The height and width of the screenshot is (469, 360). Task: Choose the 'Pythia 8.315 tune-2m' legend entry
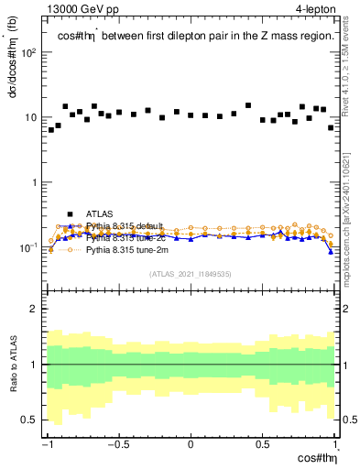125,248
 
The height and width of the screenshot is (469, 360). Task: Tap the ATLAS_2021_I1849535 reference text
191,273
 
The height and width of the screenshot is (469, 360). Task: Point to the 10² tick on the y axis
30,52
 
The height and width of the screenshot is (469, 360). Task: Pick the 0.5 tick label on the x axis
263,445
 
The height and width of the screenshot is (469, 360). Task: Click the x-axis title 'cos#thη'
315,458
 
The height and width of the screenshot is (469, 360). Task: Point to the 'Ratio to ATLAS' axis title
13,364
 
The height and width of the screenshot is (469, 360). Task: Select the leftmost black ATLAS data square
51,130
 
